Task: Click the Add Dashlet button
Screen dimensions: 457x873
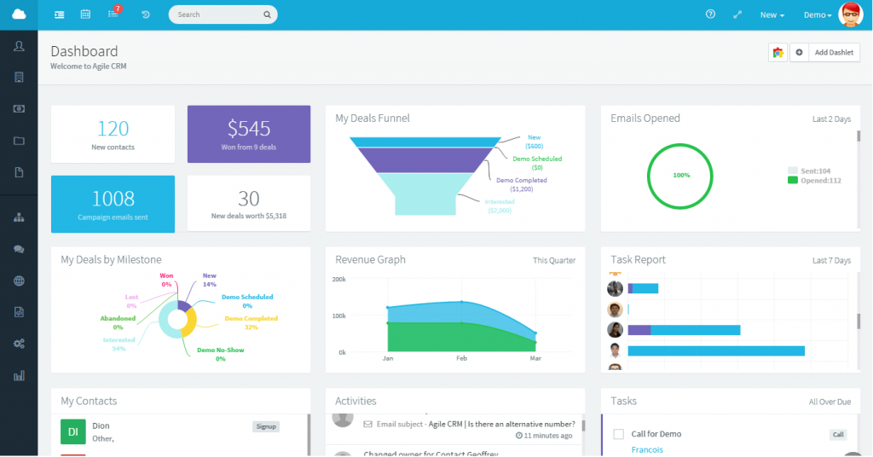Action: (833, 53)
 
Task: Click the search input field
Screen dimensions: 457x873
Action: (217, 14)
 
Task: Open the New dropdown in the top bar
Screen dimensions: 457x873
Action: (772, 15)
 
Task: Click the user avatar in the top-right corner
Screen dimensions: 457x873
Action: (850, 14)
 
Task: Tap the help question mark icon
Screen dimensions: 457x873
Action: (710, 14)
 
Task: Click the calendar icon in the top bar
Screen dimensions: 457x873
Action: (85, 14)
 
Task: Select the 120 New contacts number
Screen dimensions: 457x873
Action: (113, 129)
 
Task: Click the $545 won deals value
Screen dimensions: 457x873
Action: (248, 129)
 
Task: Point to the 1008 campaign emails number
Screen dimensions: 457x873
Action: (113, 199)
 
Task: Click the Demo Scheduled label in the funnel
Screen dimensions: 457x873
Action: (537, 159)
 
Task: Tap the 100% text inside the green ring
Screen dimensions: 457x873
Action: (681, 175)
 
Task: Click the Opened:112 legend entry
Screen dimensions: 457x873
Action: (819, 180)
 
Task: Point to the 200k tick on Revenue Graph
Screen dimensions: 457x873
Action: (338, 280)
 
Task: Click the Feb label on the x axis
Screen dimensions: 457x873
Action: (461, 359)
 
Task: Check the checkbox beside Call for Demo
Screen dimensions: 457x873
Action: (619, 434)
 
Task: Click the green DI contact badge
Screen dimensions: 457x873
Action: (73, 432)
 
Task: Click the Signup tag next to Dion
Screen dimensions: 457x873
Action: (266, 426)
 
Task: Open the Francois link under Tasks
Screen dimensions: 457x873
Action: (647, 449)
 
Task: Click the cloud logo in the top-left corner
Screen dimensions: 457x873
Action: (19, 14)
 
